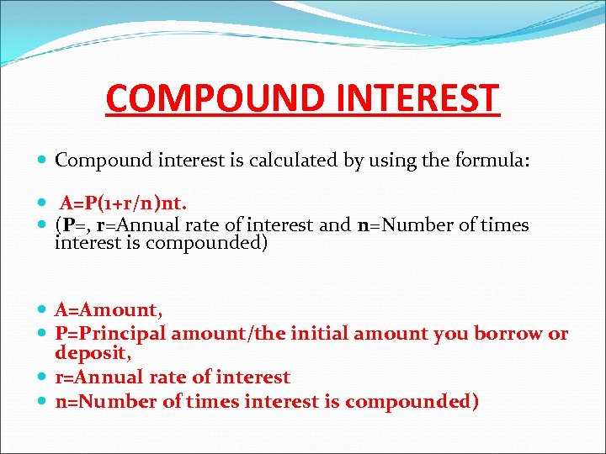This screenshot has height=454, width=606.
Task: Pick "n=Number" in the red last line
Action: (x=106, y=402)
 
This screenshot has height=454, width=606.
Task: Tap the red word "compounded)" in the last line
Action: (x=412, y=402)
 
